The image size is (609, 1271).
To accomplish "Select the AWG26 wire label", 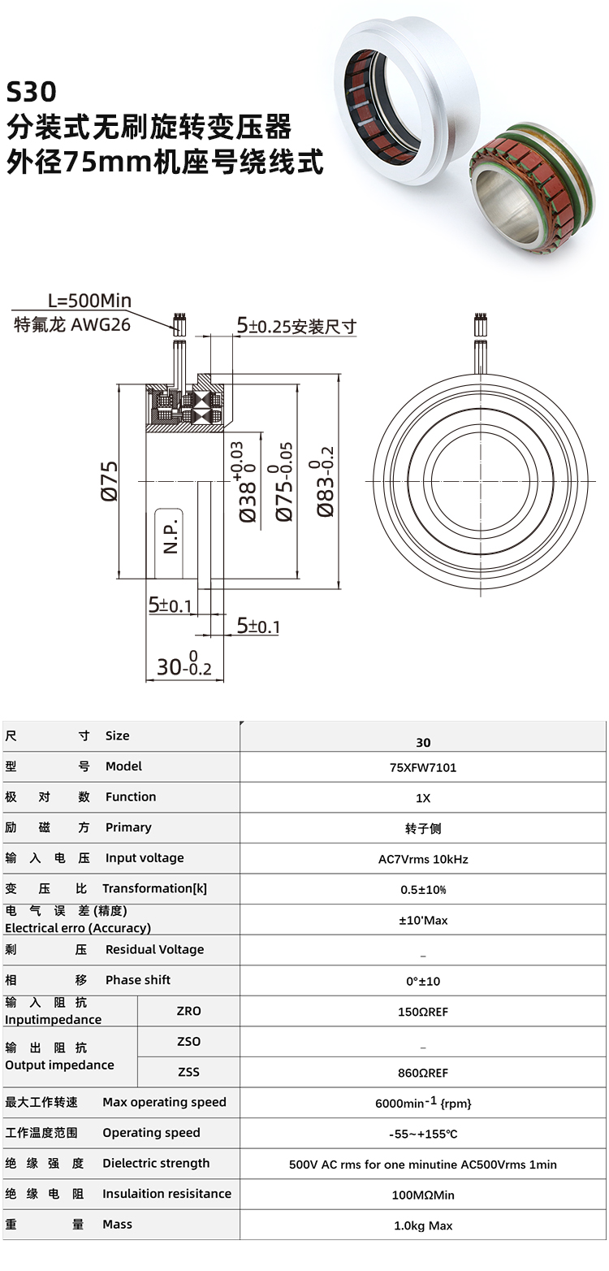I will [101, 325].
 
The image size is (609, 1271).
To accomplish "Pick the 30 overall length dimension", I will [184, 666].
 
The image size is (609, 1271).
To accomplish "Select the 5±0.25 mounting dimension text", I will [296, 327].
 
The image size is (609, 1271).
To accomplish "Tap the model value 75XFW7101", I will [422, 767].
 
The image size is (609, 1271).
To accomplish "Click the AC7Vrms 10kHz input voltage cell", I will [422, 859].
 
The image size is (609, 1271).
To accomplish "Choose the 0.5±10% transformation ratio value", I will [422, 889].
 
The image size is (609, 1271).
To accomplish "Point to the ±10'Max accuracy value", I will [422, 920].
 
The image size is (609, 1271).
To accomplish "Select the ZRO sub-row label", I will [188, 1011].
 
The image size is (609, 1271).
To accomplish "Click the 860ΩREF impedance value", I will [422, 1073].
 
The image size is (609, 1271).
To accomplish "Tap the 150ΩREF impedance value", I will [422, 1012].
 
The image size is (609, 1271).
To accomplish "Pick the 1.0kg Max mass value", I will [422, 1225].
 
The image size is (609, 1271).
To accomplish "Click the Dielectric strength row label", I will [155, 1163].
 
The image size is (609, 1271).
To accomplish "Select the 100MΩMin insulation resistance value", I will [422, 1195].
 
